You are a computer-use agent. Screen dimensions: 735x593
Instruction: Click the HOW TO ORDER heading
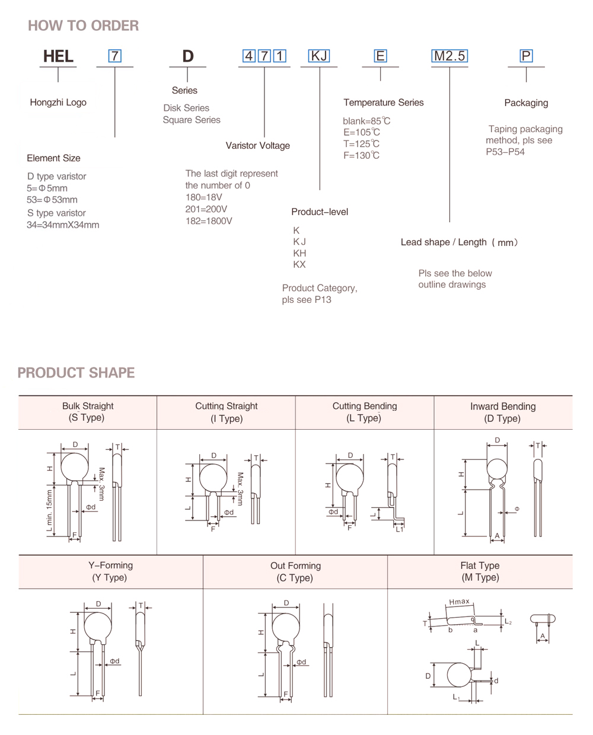coord(83,25)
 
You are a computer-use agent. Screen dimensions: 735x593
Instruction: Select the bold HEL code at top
coord(58,56)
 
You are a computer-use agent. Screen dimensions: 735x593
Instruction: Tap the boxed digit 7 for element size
coord(114,56)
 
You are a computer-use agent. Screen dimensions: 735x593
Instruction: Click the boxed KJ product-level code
coord(319,56)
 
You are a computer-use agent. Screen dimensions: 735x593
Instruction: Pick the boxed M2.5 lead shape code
coord(449,56)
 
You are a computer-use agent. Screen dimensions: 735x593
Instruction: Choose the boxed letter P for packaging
coord(526,56)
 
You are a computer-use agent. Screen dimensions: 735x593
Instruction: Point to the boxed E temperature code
coord(380,56)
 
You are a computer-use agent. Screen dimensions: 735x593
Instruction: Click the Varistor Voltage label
coord(257,146)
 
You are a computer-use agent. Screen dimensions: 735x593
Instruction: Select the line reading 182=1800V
coord(209,221)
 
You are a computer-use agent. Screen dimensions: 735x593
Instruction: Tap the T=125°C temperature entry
coord(361,144)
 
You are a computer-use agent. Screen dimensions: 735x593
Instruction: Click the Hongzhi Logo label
coord(58,103)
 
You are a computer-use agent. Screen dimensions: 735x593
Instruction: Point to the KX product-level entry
coord(299,265)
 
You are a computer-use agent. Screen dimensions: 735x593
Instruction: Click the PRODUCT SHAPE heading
coord(76,373)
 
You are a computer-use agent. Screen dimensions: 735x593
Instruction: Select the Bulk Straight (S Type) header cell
coord(88,412)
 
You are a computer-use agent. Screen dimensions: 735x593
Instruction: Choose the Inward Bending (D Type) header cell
coord(503,413)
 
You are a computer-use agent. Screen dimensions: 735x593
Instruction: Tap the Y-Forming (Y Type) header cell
coord(110,571)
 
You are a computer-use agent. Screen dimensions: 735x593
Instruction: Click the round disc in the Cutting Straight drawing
coord(213,478)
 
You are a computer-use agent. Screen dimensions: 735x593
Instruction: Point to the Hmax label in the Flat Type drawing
coord(459,602)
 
